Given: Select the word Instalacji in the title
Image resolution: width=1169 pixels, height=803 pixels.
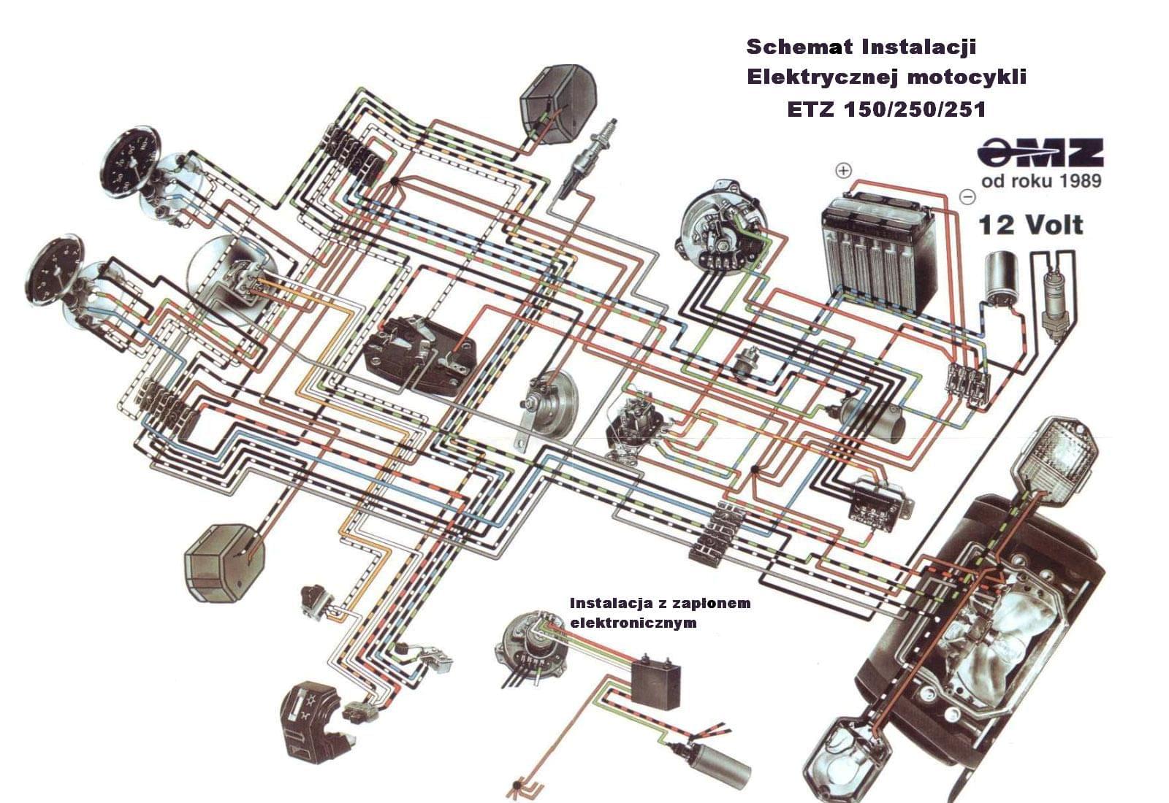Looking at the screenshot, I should (x=919, y=47).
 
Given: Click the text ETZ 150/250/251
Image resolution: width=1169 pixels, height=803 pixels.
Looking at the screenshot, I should (x=886, y=109).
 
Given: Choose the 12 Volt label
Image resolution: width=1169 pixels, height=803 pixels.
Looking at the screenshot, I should (x=1031, y=225).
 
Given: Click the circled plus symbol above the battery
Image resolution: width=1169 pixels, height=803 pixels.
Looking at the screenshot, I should (x=844, y=171).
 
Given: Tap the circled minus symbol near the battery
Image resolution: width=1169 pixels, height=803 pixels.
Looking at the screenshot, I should (x=967, y=196).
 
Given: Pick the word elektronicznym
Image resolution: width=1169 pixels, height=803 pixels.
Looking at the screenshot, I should (x=633, y=623).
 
